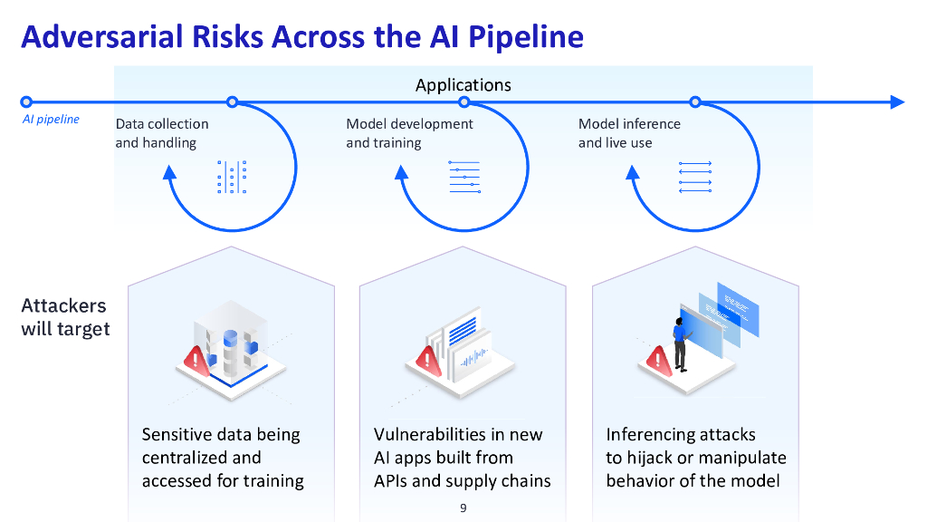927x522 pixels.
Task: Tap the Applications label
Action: (463, 85)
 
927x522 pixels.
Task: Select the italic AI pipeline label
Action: (51, 119)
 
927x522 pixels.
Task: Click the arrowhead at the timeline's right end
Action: (897, 101)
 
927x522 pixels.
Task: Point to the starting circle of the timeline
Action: (26, 101)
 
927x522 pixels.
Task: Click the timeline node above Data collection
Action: (233, 101)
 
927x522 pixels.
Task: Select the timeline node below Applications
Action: (464, 101)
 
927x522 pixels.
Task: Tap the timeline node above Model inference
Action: (695, 101)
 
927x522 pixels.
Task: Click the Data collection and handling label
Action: (162, 133)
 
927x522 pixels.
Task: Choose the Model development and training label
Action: (409, 133)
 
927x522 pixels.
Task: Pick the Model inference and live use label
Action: (629, 133)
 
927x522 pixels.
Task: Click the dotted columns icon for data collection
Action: (232, 177)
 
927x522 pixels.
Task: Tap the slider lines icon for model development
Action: (464, 177)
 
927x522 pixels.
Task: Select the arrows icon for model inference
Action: (695, 177)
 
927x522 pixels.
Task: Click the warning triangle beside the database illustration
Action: (196, 361)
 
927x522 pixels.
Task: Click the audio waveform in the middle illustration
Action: (474, 358)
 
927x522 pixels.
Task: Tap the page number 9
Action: (463, 507)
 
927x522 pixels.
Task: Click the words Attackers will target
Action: (65, 317)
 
